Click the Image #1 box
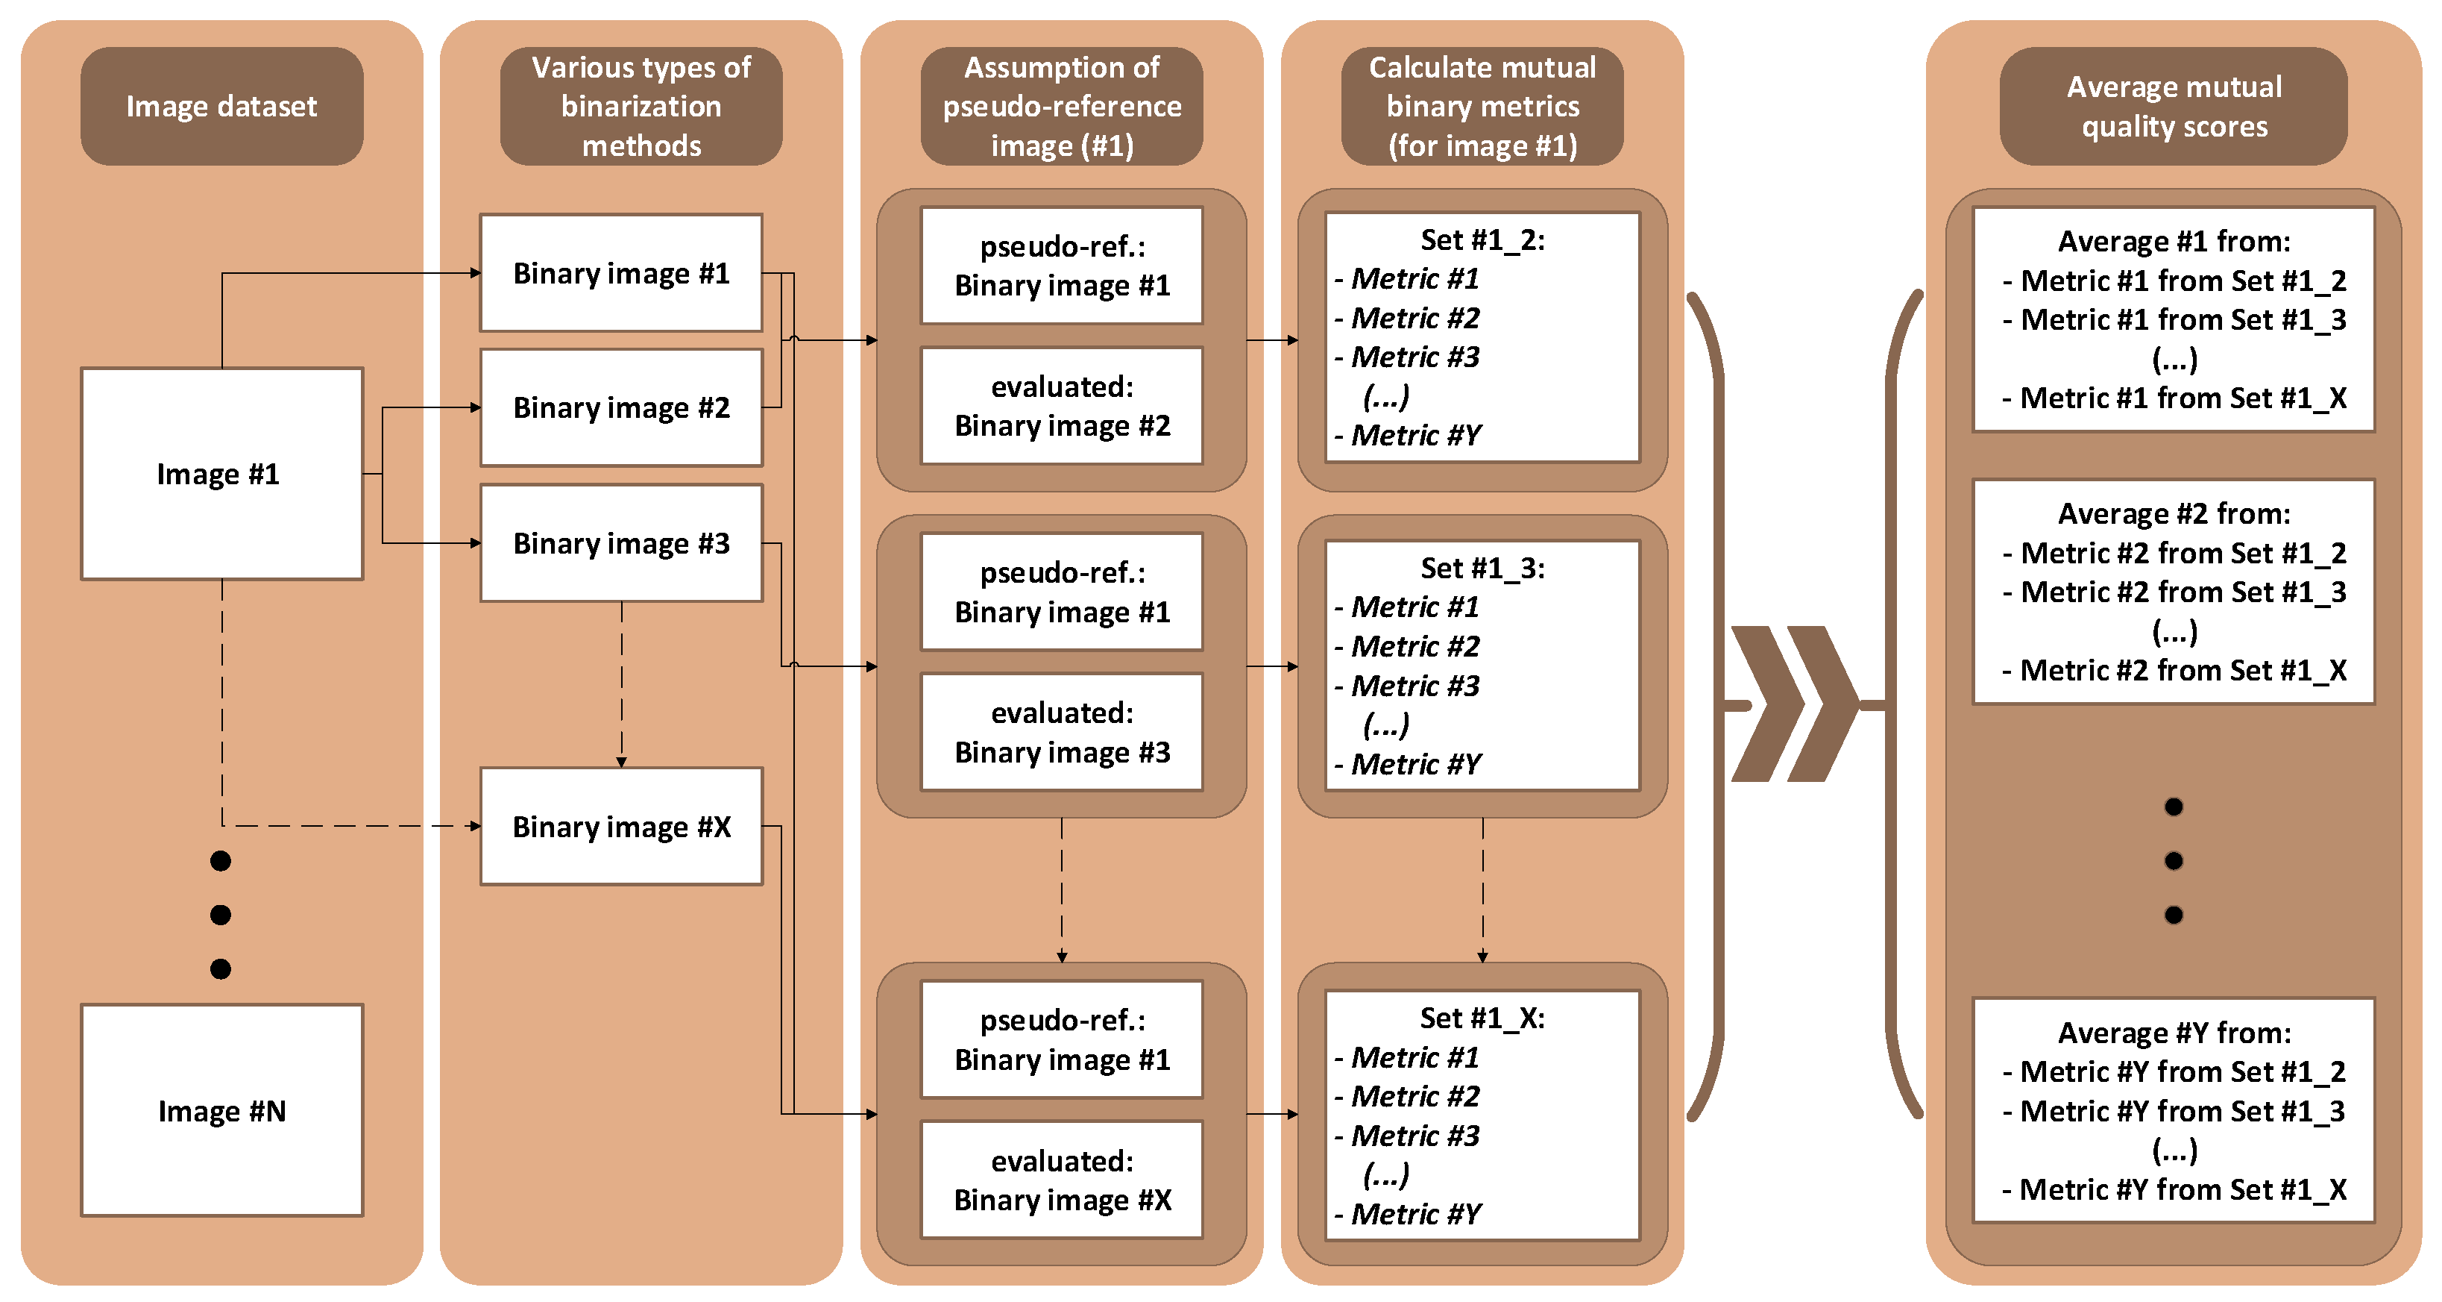point(221,473)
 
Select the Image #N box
point(221,1109)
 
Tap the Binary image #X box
point(621,826)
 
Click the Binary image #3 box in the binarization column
point(621,542)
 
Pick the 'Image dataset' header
point(221,106)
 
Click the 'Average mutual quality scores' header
point(2174,106)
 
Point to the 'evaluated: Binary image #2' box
point(1062,406)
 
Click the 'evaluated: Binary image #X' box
point(1062,1180)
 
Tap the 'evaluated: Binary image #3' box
point(1062,732)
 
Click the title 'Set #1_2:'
point(1482,240)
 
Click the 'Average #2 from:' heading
point(2174,513)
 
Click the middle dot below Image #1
point(221,914)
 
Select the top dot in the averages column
point(2174,806)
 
